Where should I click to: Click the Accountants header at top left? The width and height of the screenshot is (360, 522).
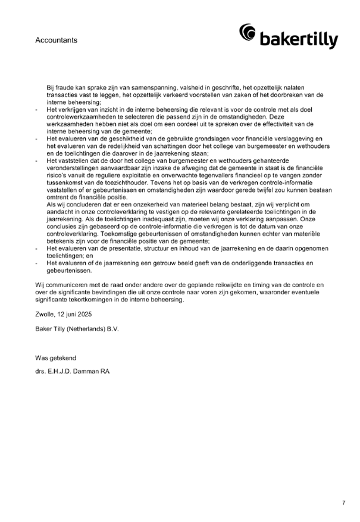pyautogui.click(x=56, y=40)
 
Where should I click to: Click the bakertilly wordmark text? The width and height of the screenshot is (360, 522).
pyautogui.click(x=299, y=40)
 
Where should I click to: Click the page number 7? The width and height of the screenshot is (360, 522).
pyautogui.click(x=343, y=502)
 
